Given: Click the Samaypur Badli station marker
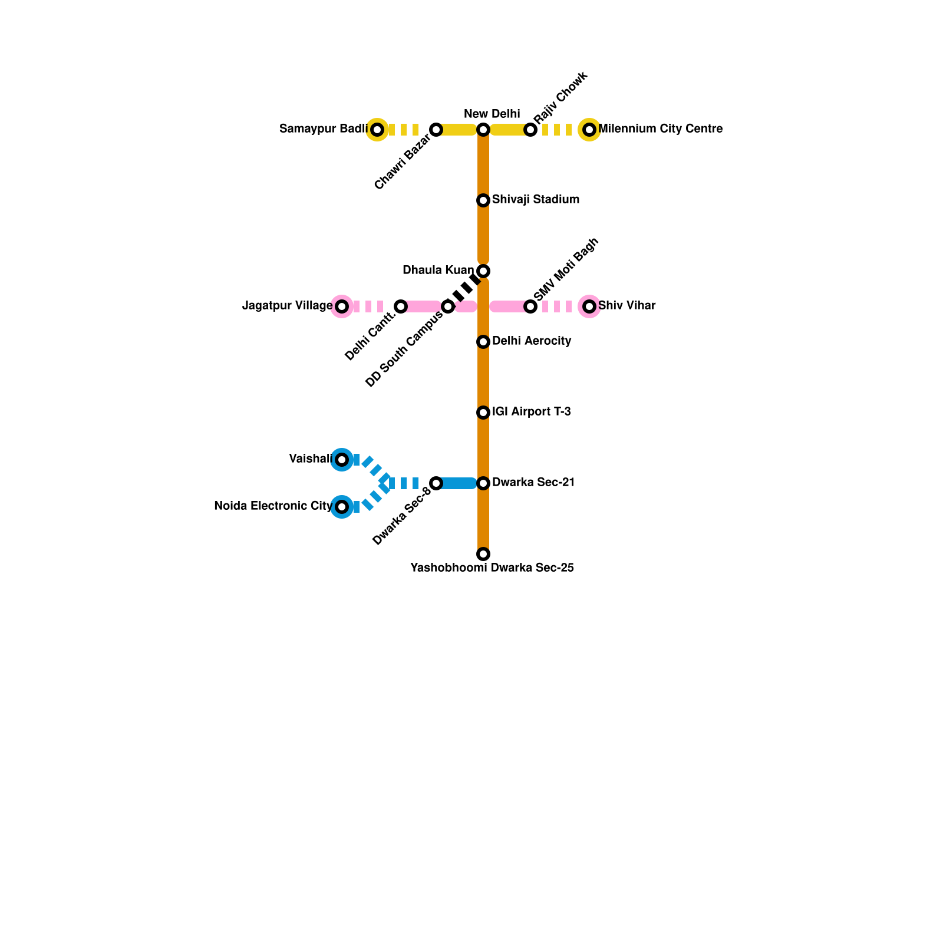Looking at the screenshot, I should point(377,130).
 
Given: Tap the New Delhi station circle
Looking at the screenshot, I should point(483,130).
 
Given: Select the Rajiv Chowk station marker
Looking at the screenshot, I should point(530,130).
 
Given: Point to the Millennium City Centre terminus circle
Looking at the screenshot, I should point(589,130).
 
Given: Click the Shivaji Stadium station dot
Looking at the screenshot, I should point(483,200).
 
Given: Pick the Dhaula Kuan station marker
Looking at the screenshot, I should point(483,271).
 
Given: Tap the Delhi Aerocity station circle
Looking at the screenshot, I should point(483,342).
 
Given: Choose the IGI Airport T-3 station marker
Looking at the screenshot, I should point(483,413).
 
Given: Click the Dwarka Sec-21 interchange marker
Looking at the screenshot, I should point(483,483).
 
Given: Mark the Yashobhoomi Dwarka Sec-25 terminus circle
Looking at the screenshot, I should point(483,554).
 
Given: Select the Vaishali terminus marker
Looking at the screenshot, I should point(342,460).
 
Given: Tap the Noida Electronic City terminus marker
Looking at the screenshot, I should point(342,507).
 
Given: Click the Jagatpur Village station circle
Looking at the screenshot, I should point(342,306).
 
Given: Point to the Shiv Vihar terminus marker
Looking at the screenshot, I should point(589,306).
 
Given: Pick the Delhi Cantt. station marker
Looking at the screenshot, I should point(401,306).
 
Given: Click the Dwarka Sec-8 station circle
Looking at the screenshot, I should point(436,483).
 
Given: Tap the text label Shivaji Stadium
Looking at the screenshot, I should point(536,200).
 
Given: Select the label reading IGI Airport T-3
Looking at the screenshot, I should point(532,412).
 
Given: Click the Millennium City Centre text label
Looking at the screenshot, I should point(661,129).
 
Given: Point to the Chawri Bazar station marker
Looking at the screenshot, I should point(436,130).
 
